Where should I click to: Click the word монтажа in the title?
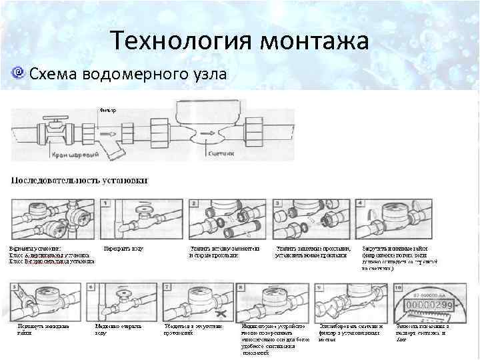[x=314, y=41]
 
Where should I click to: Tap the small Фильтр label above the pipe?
[x=108, y=109]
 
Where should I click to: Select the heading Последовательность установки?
[x=79, y=180]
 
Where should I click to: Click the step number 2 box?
[x=193, y=202]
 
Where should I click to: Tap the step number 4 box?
[x=364, y=202]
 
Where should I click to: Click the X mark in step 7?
[x=227, y=313]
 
